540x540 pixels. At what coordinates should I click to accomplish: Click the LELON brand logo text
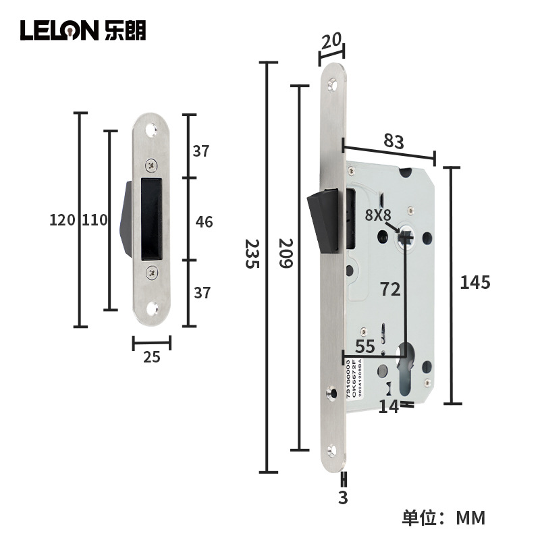tap(59, 30)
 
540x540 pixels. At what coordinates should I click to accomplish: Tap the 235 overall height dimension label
tap(251, 253)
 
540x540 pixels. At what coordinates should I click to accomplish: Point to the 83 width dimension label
tap(393, 142)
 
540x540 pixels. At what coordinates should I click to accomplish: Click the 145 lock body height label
tap(475, 282)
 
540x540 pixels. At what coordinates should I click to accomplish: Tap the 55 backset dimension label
tap(364, 347)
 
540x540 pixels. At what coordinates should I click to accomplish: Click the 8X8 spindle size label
tap(378, 215)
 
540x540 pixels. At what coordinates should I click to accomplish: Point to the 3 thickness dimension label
tap(343, 499)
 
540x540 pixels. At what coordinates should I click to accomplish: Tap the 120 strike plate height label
tap(62, 220)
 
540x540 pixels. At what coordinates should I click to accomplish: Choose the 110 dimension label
tap(94, 220)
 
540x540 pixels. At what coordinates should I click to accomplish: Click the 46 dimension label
tap(203, 221)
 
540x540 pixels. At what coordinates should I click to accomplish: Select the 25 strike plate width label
tap(152, 357)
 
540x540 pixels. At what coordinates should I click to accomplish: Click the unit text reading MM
tap(470, 518)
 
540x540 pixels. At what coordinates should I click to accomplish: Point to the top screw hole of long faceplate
tap(331, 85)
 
